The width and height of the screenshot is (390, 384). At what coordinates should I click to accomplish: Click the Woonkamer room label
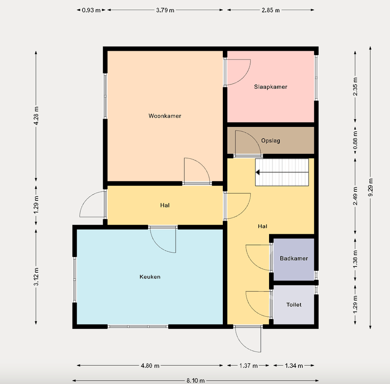pos(165,116)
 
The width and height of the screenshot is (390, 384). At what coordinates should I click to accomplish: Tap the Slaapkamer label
pos(271,87)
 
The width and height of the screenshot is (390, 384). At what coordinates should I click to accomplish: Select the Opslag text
pos(271,141)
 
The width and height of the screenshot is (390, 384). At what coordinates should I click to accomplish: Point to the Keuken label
pos(150,277)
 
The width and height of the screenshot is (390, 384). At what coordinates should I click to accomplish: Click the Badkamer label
pos(294,258)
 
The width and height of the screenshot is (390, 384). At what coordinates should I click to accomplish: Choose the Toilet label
pos(294,304)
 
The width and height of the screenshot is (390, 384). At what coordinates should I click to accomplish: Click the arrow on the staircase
pos(282,172)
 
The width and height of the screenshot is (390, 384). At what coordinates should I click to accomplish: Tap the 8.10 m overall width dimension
pos(195,381)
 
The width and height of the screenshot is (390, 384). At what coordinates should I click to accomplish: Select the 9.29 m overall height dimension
pos(370,187)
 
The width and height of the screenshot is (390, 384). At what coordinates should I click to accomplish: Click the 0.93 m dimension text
pos(91,10)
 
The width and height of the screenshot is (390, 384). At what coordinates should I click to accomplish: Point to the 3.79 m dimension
pos(165,10)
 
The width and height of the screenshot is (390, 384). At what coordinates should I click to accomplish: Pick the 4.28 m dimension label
pos(36,116)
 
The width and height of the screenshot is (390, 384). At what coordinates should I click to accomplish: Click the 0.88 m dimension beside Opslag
pos(355,140)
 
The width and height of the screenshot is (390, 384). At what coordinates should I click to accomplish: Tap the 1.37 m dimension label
pos(249,365)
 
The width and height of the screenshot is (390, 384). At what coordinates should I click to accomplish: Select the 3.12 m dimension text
pos(36,277)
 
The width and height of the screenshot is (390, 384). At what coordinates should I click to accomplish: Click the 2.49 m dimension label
pos(355,196)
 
